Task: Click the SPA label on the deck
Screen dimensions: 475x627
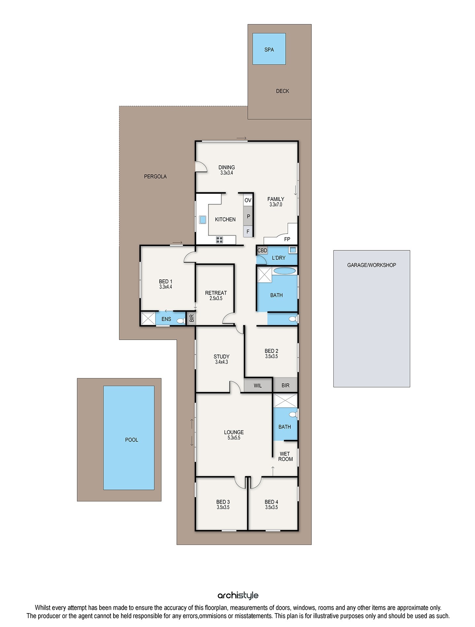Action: coord(269,50)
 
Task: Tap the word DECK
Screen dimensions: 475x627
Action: coord(282,91)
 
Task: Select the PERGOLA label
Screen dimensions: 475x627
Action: coord(155,177)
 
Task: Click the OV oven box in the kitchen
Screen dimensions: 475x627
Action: coord(248,200)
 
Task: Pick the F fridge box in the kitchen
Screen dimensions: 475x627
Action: coord(248,232)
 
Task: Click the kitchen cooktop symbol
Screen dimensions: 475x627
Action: coord(219,240)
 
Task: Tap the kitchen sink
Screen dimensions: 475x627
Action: coord(203,220)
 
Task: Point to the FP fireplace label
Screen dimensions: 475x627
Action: coord(287,239)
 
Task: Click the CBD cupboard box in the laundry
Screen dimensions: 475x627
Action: coord(262,250)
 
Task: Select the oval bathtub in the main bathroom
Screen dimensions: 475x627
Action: coord(285,271)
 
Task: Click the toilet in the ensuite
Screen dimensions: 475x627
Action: coord(181,321)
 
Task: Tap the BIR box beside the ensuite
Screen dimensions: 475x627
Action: coord(191,318)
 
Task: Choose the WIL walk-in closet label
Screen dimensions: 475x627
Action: coord(258,385)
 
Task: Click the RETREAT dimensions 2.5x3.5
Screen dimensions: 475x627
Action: coord(216,299)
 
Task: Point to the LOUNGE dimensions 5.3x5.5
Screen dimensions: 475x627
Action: coord(234,438)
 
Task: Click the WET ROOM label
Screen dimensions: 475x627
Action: coord(285,456)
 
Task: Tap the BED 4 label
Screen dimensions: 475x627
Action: coord(271,502)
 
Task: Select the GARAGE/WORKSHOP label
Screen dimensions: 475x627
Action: coord(372,265)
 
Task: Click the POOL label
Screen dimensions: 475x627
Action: coord(132,440)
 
